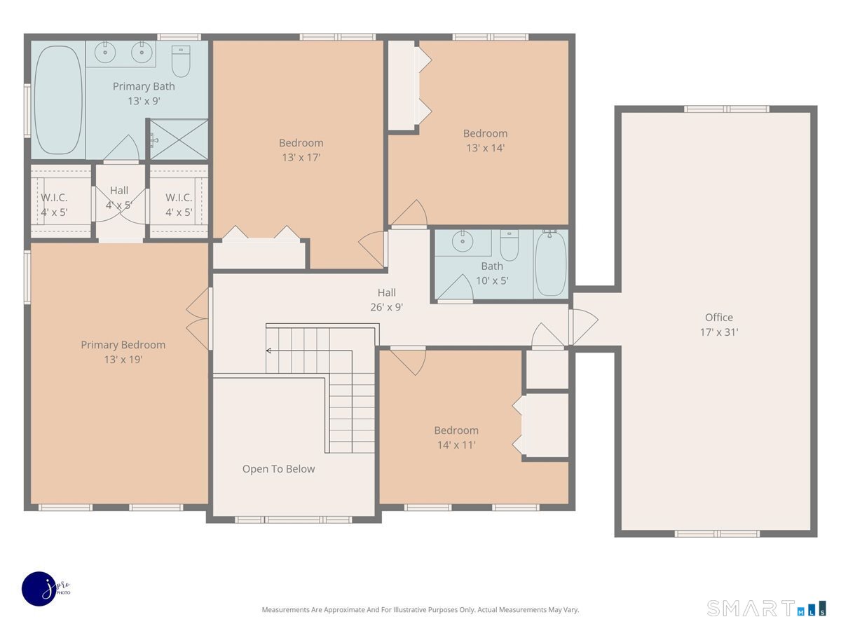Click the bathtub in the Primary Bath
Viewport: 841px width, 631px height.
[x=58, y=100]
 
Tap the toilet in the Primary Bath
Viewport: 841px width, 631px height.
[x=181, y=61]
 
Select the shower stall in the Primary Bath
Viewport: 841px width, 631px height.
[x=179, y=139]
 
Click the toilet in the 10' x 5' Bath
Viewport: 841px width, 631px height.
[x=510, y=245]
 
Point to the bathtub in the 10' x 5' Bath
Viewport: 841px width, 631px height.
[x=551, y=263]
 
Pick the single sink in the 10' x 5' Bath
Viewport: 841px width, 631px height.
[x=463, y=241]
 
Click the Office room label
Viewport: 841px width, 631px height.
[x=719, y=317]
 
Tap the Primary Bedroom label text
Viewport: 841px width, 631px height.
[x=123, y=345]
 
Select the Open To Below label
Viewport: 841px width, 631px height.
[x=278, y=469]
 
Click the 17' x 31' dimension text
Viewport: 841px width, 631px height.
[x=719, y=332]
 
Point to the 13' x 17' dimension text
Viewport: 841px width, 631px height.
[x=301, y=158]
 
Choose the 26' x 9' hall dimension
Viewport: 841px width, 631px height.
[x=387, y=307]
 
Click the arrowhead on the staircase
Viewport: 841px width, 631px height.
[x=268, y=351]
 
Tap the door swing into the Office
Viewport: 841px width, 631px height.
[x=584, y=327]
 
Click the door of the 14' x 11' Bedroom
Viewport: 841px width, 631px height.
[x=408, y=360]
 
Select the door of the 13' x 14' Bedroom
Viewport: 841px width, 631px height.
[x=409, y=214]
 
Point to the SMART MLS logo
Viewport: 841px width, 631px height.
[x=766, y=609]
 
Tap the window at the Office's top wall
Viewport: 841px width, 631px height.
[x=727, y=109]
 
